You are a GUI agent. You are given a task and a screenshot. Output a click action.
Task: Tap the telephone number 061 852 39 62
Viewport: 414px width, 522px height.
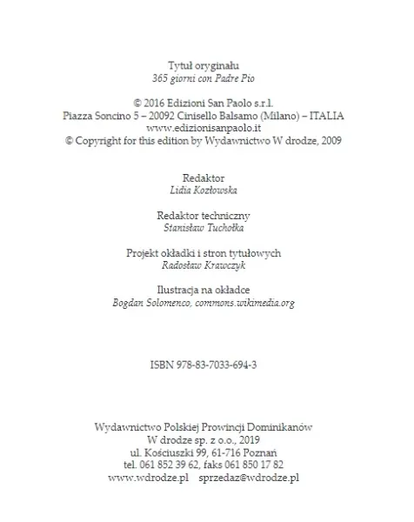pos(173,465)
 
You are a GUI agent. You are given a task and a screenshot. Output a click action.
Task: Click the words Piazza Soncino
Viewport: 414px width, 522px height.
pos(97,115)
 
